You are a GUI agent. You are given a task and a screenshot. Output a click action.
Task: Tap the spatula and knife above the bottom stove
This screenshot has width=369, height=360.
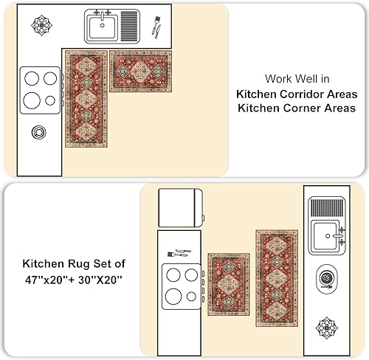pos(179,253)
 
